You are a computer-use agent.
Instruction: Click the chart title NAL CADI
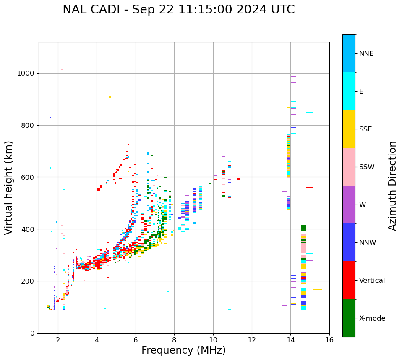pos(178,10)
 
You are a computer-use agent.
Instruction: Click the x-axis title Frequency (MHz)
pos(183,350)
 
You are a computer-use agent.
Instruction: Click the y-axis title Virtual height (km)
pos(9,187)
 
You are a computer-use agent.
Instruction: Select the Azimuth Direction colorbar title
pos(392,186)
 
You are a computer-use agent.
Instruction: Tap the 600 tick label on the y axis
pos(28,177)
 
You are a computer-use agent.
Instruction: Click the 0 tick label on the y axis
pos(32,333)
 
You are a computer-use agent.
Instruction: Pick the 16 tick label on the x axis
pos(329,340)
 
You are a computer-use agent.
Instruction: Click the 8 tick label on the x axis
pos(174,340)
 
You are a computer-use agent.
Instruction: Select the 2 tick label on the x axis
pos(58,340)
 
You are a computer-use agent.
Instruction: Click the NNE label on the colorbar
pos(366,54)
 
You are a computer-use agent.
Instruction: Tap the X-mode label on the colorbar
pos(372,318)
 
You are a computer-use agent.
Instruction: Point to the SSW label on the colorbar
pos(367,167)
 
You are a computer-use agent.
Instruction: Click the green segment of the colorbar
pos(349,318)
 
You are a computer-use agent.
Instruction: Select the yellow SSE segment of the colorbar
pos(349,129)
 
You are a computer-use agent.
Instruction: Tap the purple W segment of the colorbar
pos(349,205)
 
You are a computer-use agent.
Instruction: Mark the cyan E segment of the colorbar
pos(349,91)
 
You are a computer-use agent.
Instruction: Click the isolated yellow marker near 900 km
pos(110,97)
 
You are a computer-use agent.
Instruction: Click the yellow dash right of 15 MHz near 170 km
pos(317,289)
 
